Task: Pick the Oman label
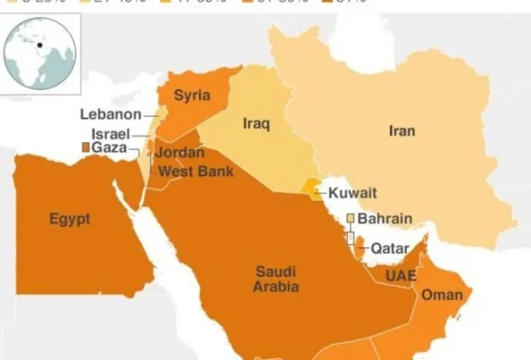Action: (442, 296)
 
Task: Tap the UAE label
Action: (400, 276)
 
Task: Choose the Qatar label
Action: (389, 248)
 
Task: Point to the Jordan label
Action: (178, 153)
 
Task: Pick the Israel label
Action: (110, 134)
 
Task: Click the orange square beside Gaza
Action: (85, 149)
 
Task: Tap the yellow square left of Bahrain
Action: (350, 219)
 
